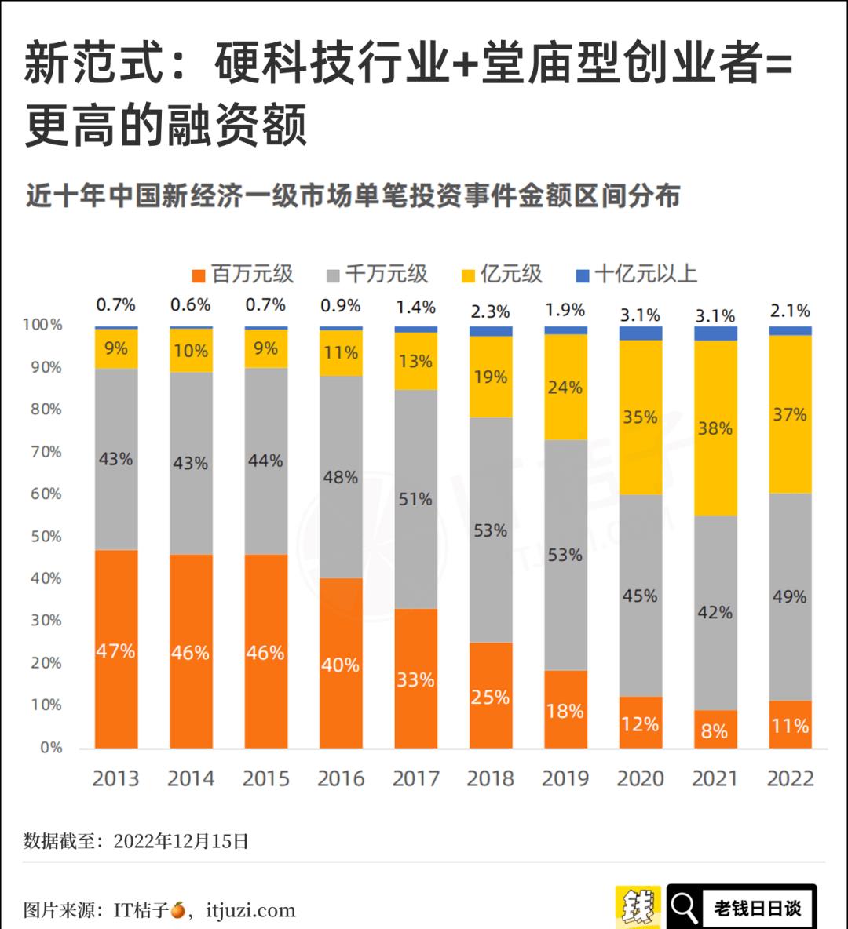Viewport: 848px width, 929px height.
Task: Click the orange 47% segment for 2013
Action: click(x=116, y=649)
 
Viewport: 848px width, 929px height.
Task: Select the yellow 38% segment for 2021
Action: click(x=715, y=428)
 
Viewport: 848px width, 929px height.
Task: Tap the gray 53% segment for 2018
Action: click(x=491, y=530)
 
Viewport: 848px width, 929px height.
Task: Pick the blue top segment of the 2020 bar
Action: click(x=640, y=333)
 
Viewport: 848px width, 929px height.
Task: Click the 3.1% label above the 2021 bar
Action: click(x=715, y=315)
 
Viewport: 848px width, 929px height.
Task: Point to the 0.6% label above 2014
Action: click(x=191, y=304)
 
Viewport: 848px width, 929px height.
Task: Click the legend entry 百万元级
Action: click(x=243, y=274)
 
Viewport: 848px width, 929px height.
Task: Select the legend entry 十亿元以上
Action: click(x=637, y=274)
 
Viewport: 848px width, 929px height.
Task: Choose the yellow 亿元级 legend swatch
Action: click(x=469, y=275)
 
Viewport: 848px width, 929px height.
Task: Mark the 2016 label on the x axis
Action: click(x=341, y=778)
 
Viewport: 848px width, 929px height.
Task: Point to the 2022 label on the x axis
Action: click(x=790, y=778)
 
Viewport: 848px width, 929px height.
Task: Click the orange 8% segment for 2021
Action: click(x=715, y=730)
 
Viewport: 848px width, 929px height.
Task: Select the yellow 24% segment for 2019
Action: click(x=565, y=388)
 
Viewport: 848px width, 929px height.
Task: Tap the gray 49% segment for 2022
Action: click(x=790, y=596)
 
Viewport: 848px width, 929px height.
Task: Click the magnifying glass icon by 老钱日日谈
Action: click(x=685, y=907)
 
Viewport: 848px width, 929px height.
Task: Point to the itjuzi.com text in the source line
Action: click(x=250, y=910)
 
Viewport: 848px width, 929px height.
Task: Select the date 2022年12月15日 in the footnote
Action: click(x=181, y=842)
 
